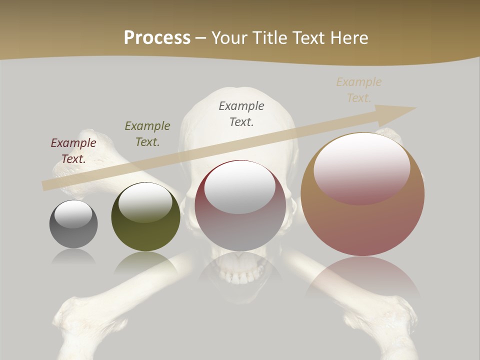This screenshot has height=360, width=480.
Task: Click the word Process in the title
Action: point(157,38)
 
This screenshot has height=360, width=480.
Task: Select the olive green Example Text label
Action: point(147,134)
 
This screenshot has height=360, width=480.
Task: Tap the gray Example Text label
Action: point(241,114)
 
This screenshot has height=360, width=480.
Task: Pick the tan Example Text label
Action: point(359,90)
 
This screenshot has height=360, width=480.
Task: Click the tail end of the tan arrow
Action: point(46,185)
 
